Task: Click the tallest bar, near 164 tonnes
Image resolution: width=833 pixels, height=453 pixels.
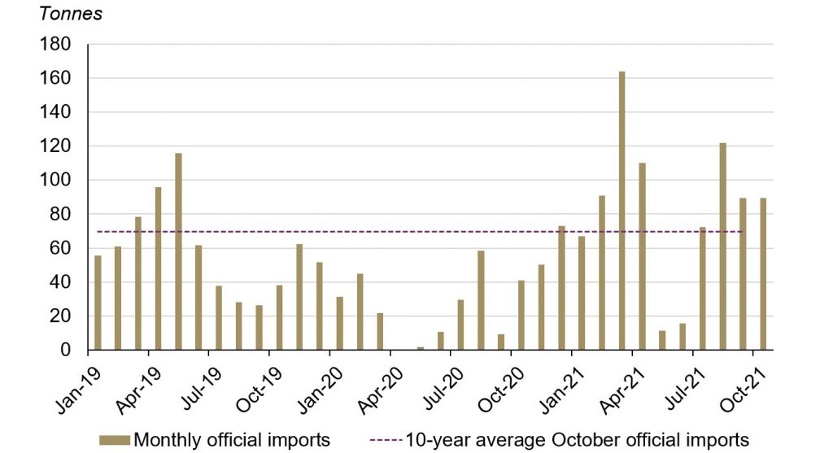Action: [622, 211]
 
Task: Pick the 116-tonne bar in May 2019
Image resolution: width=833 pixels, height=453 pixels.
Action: [179, 251]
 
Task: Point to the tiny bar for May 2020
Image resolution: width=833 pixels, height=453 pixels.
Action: [421, 348]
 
